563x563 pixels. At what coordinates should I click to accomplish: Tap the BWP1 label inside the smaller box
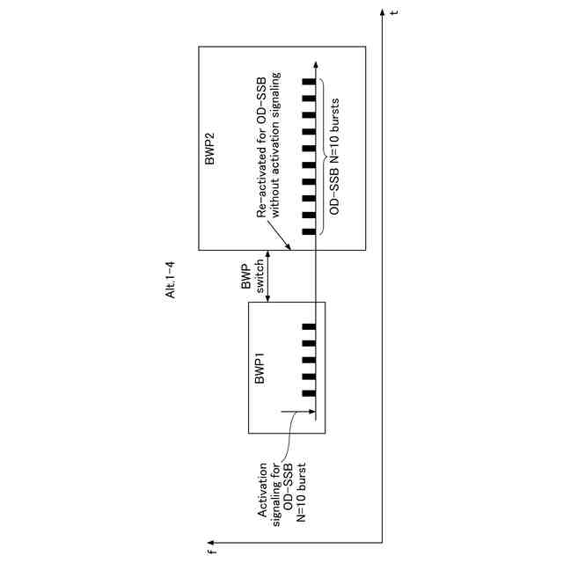(x=260, y=369)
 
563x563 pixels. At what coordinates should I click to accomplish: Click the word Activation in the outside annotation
(x=262, y=489)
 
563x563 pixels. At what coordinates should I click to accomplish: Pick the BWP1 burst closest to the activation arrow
(x=309, y=393)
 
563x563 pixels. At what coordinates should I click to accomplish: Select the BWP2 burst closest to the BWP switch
(x=309, y=232)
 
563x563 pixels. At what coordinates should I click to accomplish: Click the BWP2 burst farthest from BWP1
(x=309, y=82)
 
